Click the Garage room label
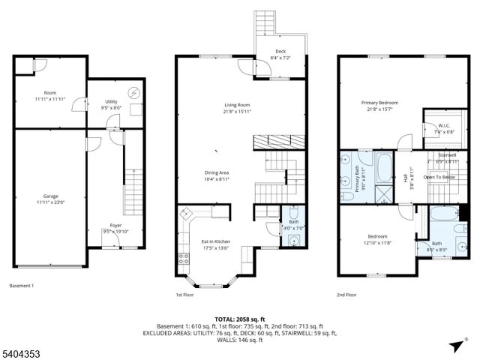(x=50, y=196)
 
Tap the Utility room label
(x=111, y=104)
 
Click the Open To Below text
(x=439, y=177)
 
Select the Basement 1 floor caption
(x=22, y=285)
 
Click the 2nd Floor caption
(x=346, y=295)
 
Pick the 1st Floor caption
(x=184, y=295)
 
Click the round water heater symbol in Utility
(x=134, y=93)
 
